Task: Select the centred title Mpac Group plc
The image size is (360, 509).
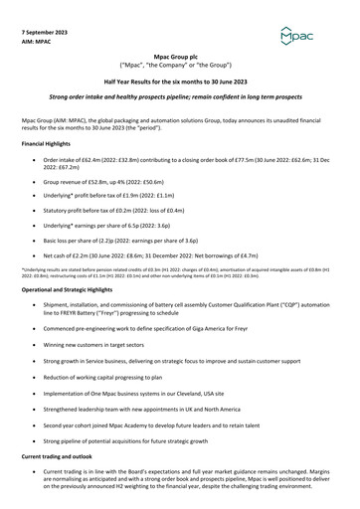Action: pyautogui.click(x=179, y=60)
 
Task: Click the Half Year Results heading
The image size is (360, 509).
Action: pyautogui.click(x=179, y=85)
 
